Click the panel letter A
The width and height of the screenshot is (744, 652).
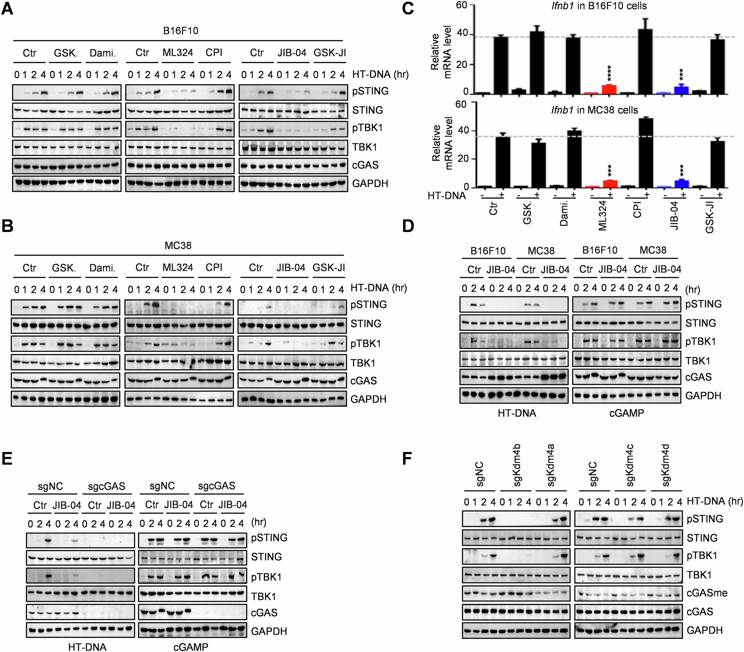(7, 8)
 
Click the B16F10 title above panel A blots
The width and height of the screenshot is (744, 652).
(180, 31)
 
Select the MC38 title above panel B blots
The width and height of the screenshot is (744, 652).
(178, 246)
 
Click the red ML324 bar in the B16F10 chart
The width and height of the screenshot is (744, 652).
(609, 89)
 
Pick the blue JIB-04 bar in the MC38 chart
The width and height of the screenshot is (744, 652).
(681, 184)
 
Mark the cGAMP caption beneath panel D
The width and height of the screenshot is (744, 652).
(626, 413)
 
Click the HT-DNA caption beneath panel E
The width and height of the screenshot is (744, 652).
(87, 647)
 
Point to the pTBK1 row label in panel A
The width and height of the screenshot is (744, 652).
(367, 128)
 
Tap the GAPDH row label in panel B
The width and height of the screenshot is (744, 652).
(368, 399)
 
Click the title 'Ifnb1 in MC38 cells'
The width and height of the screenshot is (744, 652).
(594, 110)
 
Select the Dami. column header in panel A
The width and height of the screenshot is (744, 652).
(102, 53)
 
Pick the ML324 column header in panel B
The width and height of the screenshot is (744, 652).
(177, 268)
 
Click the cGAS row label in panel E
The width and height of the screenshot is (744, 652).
(264, 613)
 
